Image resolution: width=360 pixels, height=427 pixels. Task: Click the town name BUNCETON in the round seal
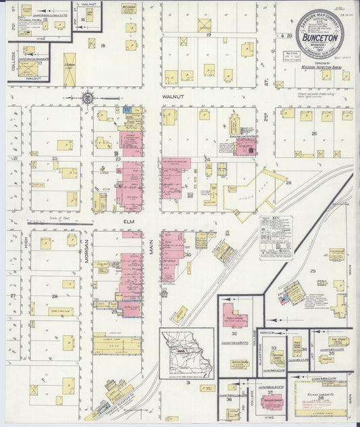click(319, 39)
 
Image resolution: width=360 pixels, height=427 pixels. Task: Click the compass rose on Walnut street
click(87, 99)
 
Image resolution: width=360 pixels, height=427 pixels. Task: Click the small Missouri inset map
click(186, 353)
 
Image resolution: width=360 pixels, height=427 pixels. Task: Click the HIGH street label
click(27, 250)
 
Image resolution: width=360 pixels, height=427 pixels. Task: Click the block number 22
click(55, 159)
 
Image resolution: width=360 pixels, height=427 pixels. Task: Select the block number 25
click(313, 134)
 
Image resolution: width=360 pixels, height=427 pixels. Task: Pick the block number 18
click(103, 45)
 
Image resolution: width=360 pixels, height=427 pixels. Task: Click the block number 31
click(188, 383)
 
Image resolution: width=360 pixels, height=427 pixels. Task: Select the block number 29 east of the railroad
click(313, 270)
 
